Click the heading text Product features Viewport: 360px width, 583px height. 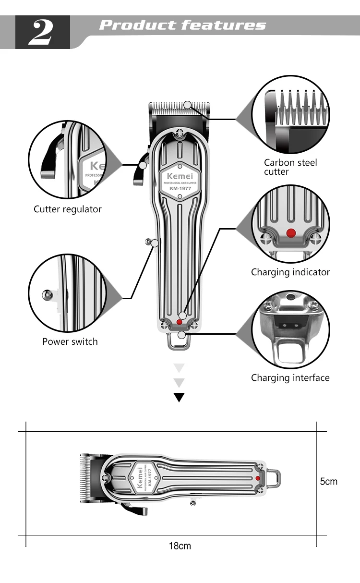coord(182,25)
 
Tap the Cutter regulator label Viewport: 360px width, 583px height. coord(68,209)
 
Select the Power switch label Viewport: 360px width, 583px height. coord(70,341)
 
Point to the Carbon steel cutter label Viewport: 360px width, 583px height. coord(290,167)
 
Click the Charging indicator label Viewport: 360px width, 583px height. coord(290,272)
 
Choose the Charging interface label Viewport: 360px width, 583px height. coord(290,377)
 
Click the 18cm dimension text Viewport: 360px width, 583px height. coord(180,546)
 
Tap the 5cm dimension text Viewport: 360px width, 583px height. coord(329,481)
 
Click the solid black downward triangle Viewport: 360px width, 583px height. coord(179,397)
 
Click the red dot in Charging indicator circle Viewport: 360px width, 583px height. coord(291,233)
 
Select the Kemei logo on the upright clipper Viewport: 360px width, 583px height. coord(179,175)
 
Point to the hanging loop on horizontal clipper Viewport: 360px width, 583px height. coord(274,478)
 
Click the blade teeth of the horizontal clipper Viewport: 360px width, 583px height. coord(84,478)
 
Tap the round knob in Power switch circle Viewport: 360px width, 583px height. coord(47,294)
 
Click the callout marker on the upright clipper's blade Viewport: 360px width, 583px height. coord(188,105)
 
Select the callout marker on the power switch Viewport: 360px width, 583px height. coord(155,243)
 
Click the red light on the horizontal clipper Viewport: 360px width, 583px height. coord(258,478)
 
